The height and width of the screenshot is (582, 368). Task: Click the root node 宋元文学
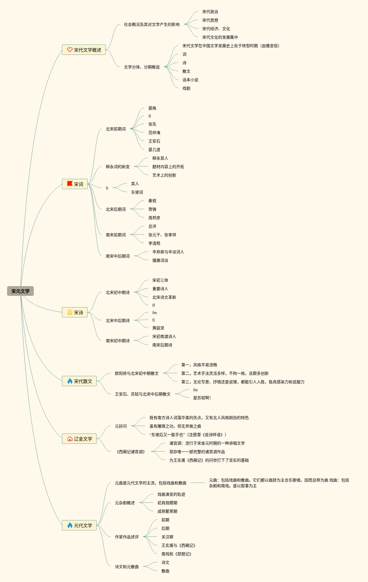[x=20, y=291]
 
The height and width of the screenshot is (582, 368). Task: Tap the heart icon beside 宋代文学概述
[x=70, y=50]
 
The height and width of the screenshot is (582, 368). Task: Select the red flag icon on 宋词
[x=70, y=184]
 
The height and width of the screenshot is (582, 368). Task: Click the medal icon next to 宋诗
[x=70, y=312]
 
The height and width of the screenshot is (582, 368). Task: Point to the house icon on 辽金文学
[x=70, y=439]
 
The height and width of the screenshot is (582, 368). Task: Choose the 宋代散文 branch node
[x=79, y=381]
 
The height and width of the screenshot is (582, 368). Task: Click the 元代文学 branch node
[x=79, y=525]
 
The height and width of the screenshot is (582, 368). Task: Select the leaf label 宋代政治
[x=210, y=12]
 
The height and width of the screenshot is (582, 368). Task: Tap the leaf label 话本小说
[x=190, y=80]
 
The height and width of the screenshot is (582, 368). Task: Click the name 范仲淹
[x=154, y=133]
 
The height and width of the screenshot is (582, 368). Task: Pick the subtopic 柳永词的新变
[x=117, y=167]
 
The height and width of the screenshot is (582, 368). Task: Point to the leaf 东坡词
[x=137, y=192]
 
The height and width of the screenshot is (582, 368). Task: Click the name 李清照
[x=154, y=243]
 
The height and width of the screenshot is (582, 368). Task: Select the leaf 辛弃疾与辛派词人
[x=168, y=252]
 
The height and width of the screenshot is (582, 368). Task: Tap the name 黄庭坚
[x=158, y=328]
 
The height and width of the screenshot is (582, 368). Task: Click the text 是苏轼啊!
[x=202, y=398]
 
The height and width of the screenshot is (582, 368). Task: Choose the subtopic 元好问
[x=121, y=426]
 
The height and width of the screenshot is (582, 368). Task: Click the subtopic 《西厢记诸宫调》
[x=131, y=452]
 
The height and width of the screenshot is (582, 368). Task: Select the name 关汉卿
[x=167, y=537]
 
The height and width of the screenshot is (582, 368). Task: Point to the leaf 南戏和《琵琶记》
[x=176, y=554]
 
